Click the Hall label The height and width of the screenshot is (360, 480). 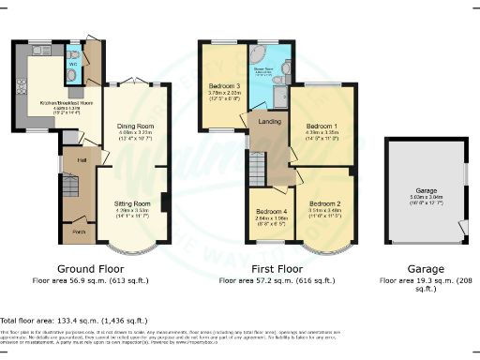coord(82,160)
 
